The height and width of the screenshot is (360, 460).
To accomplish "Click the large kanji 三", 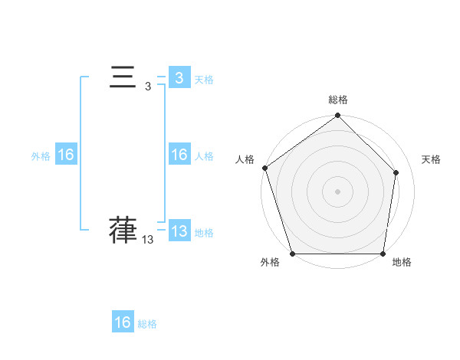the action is (123, 78).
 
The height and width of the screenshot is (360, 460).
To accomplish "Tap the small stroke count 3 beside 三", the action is (148, 87).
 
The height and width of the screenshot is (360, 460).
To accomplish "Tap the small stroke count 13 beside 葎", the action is (148, 240).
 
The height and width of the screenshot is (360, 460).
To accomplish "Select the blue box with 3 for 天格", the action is (179, 77).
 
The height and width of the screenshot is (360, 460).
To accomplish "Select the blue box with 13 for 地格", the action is (179, 231).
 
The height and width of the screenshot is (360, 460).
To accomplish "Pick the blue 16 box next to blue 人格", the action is (179, 155).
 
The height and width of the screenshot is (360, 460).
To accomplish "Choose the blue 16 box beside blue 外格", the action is (66, 155).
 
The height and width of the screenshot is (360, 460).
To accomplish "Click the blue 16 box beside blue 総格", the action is (123, 322).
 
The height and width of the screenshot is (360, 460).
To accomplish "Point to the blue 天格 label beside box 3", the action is (204, 79).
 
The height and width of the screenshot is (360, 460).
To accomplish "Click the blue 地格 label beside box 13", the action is (204, 233).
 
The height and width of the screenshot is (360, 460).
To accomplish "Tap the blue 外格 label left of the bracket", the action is (41, 156).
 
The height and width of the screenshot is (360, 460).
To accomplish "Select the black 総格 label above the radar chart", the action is (338, 100).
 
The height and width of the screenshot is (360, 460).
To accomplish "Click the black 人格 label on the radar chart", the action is (245, 159).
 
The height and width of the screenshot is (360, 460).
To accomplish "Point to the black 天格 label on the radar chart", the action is (431, 159).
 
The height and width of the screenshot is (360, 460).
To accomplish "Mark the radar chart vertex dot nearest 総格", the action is (338, 116).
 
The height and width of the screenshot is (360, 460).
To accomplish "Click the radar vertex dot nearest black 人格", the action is (264, 168).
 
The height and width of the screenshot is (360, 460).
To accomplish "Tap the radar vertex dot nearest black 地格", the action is (383, 254).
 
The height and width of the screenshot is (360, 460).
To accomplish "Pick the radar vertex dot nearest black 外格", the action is (293, 254).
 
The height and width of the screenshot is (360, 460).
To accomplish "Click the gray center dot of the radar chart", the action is (338, 191).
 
